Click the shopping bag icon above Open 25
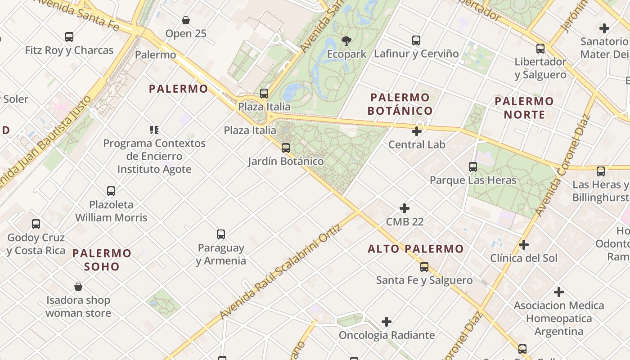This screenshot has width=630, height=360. click(186, 20)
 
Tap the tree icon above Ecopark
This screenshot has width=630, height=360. click(346, 41)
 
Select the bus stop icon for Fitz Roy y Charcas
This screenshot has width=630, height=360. click(69, 37)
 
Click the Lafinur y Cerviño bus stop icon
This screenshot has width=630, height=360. click(416, 40)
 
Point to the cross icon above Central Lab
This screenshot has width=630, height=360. click(417, 131)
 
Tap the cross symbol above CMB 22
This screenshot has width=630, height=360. click(405, 208)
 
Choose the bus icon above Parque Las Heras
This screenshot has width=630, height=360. click(473, 167)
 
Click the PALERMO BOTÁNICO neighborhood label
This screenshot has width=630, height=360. click(400, 104)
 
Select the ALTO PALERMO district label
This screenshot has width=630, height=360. click(415, 249)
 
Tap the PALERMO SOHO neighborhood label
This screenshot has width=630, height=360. click(102, 260)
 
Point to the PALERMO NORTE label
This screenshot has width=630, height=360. click(524, 108)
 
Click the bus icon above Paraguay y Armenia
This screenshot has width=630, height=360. click(221, 234)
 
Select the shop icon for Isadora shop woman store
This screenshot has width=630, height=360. click(78, 287)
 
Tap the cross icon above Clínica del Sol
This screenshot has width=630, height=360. click(524, 245)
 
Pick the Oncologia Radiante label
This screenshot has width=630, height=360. click(387, 335)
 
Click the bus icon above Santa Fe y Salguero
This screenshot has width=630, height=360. click(424, 267)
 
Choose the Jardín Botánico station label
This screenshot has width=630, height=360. click(286, 161)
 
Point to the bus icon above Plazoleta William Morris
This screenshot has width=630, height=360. click(111, 191)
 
